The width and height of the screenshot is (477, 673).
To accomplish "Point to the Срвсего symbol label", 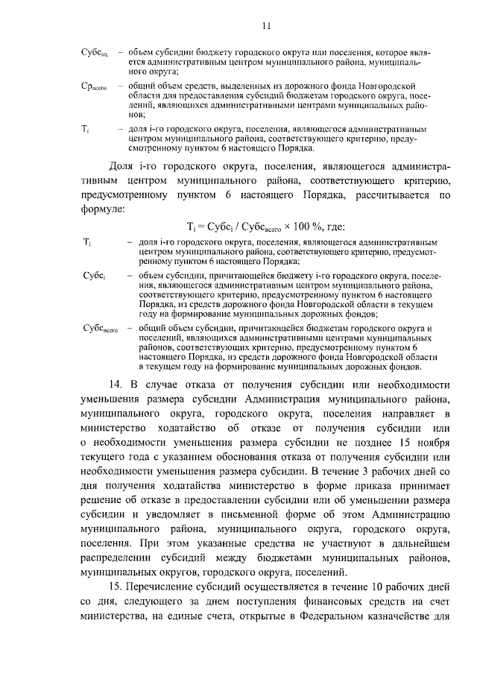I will tap(95, 88).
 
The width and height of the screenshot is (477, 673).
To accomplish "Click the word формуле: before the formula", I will tap(103, 209).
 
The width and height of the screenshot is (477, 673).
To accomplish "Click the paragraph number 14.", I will tap(116, 385).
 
